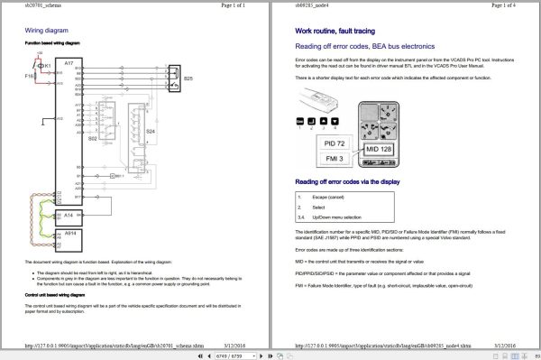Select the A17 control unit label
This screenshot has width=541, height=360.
(69, 63)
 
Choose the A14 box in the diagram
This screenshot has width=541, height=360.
(69, 217)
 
